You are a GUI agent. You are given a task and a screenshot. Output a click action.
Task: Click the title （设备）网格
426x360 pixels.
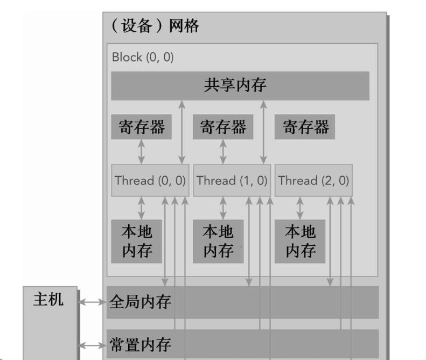155,26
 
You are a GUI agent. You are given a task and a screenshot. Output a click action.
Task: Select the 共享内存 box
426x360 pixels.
240,86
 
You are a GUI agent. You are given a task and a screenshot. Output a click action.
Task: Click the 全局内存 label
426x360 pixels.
140,302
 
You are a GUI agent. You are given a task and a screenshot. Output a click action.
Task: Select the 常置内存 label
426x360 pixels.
140,344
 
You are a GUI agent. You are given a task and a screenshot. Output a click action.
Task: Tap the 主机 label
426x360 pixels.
48,299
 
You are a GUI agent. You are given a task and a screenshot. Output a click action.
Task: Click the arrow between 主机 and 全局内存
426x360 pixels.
93,302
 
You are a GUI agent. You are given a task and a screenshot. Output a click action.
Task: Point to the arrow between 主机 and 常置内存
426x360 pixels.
93,345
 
